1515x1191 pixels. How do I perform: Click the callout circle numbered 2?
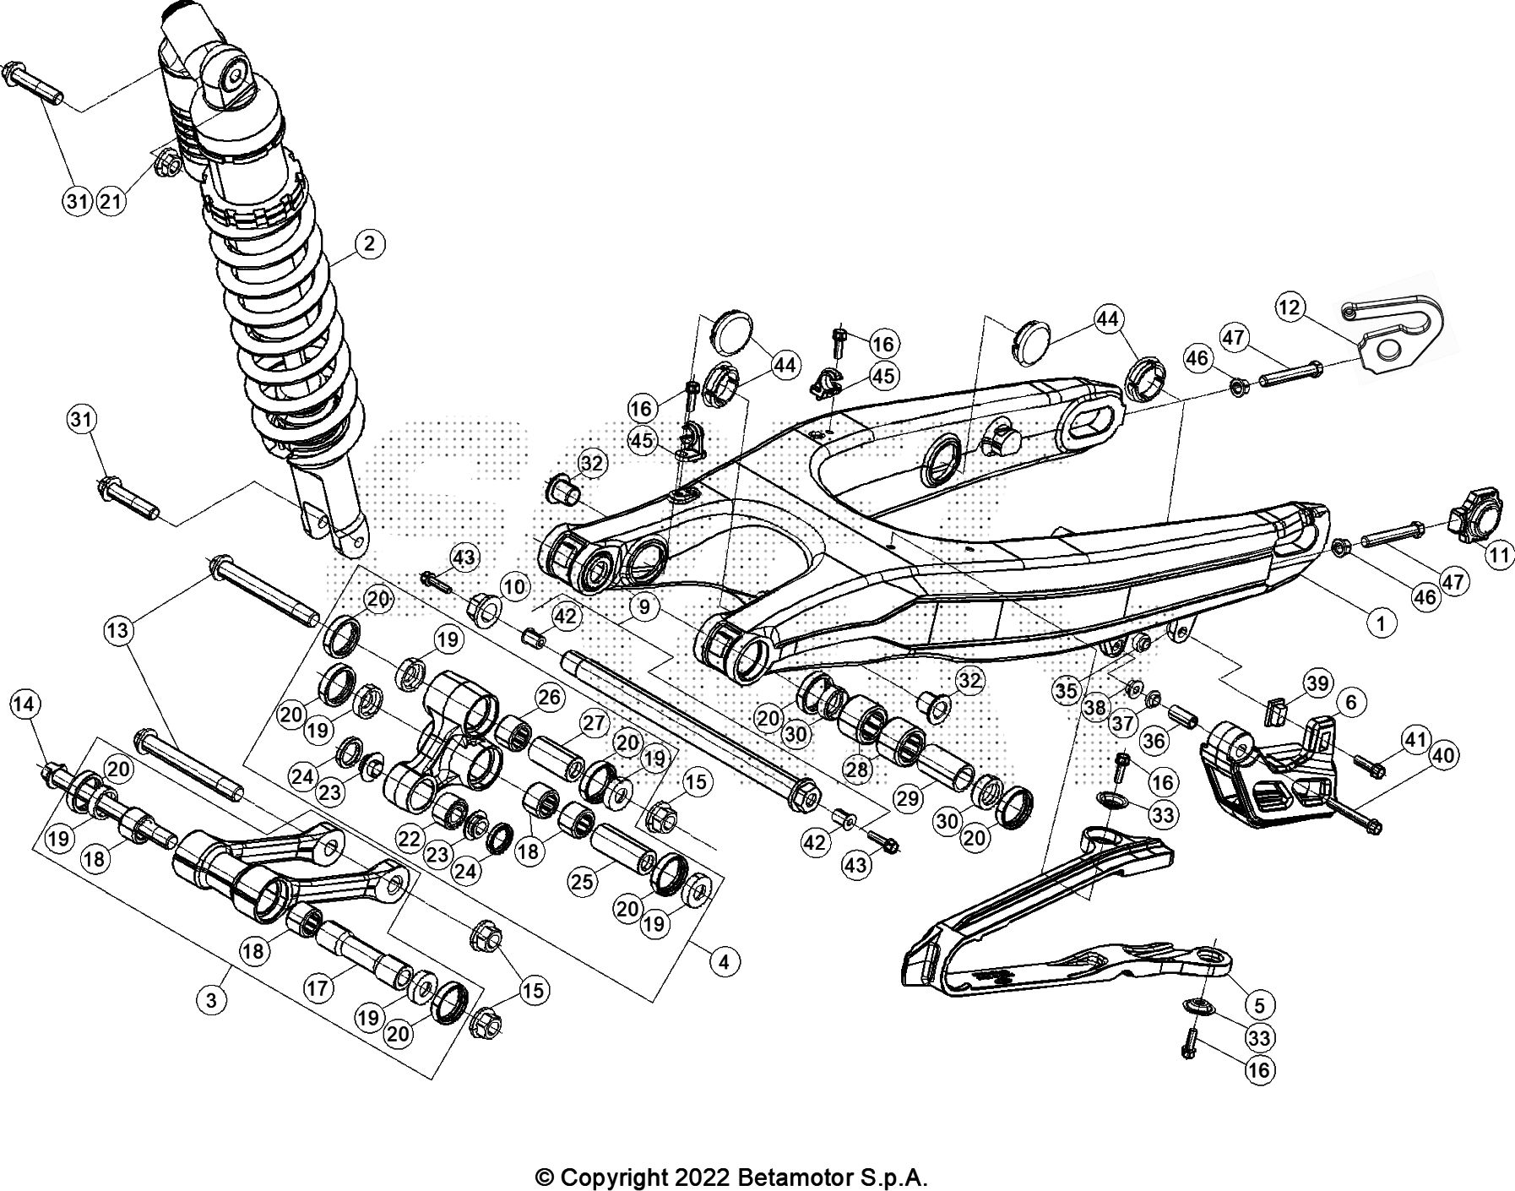[369, 244]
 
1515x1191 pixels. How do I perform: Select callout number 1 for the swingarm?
[1381, 624]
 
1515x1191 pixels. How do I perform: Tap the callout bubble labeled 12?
[1290, 307]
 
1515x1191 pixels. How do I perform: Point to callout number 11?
[1499, 556]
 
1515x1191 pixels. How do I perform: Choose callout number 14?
[25, 703]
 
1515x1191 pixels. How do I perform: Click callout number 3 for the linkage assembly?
[211, 1000]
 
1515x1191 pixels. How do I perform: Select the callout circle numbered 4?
[723, 961]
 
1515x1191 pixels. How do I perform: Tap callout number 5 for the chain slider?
[1259, 1005]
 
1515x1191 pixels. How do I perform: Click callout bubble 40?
[1443, 755]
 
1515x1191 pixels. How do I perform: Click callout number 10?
[513, 586]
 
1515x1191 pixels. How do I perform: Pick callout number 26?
[549, 697]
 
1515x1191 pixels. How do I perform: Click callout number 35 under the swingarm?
[1066, 690]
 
